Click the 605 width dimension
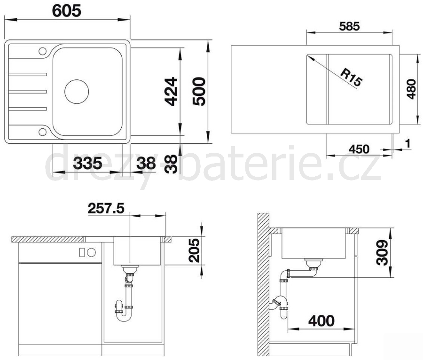click(66, 11)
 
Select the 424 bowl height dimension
click(171, 92)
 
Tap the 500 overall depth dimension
click(199, 92)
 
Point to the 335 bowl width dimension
click(87, 164)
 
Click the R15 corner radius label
click(351, 78)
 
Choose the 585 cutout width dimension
click(349, 26)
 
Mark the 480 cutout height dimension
click(411, 89)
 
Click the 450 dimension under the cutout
click(359, 149)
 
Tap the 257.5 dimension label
click(106, 209)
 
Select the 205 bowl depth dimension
click(195, 250)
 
